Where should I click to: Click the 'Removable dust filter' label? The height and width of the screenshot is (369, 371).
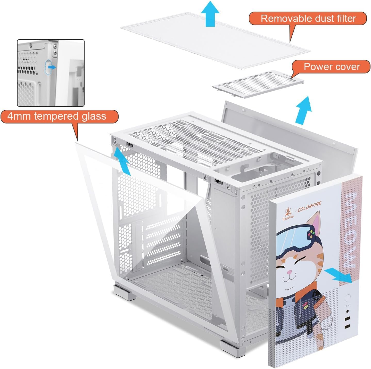point(308,19)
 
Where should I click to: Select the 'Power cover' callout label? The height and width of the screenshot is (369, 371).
point(332,67)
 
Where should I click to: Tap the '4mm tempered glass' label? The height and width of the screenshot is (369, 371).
point(57,116)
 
